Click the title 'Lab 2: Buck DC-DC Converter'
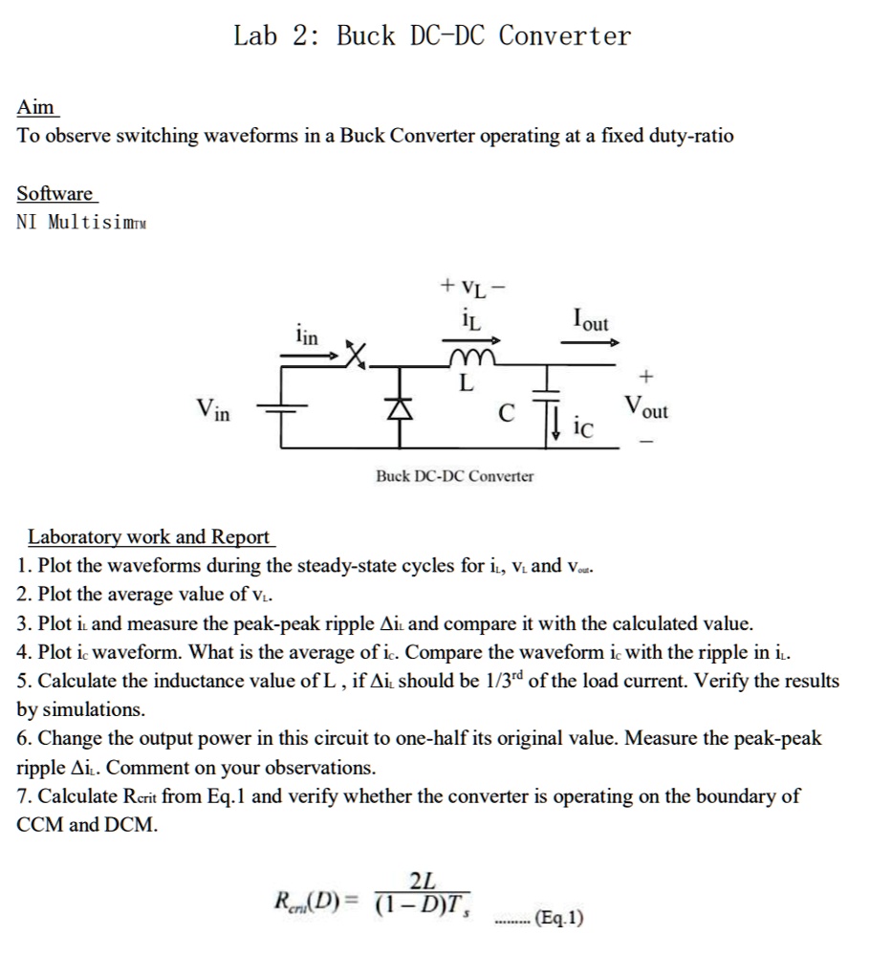coord(432,36)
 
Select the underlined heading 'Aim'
coord(37,107)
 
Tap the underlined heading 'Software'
coord(55,194)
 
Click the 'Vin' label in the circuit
coord(213,411)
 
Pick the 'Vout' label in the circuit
coord(646,408)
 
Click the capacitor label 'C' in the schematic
coord(507,413)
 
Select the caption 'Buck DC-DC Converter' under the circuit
coord(455,475)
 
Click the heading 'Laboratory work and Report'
coord(148,536)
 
